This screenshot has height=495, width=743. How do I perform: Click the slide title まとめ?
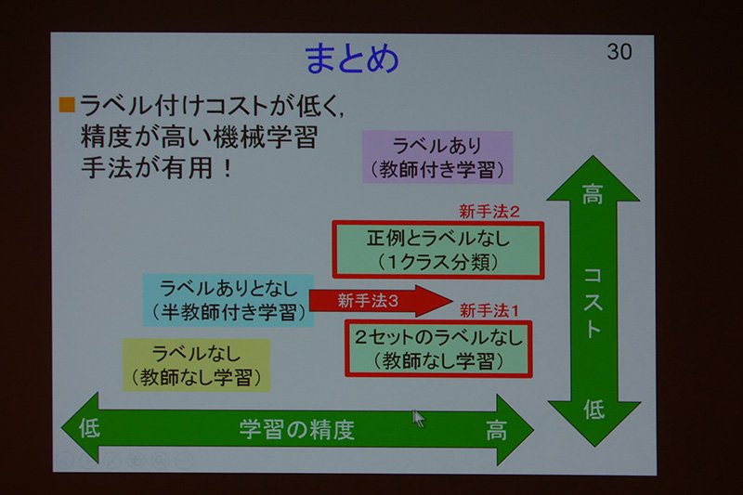[352, 59]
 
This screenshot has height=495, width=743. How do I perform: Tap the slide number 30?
[619, 51]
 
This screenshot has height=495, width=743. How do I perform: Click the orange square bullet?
[67, 105]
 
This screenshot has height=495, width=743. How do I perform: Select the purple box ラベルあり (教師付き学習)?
[437, 157]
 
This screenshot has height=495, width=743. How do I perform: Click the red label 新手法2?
[489, 211]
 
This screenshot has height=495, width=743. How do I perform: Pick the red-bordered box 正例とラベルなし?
[437, 250]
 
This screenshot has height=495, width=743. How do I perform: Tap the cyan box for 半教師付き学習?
[228, 300]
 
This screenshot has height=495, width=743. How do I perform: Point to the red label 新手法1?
[489, 311]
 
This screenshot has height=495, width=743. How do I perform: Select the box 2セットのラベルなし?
[438, 348]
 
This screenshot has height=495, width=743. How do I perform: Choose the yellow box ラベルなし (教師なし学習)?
[196, 365]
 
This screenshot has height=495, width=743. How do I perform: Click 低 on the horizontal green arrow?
[89, 428]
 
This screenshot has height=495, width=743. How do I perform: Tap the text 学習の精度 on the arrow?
[296, 429]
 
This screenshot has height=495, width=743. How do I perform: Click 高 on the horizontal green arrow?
[496, 430]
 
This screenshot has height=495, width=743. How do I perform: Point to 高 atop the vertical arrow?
[593, 194]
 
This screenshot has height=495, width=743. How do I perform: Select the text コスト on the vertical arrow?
[593, 303]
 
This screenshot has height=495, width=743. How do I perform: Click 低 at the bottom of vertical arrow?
[593, 410]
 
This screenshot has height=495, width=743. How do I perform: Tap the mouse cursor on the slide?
[418, 419]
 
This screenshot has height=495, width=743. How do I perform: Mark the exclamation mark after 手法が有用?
[228, 169]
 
